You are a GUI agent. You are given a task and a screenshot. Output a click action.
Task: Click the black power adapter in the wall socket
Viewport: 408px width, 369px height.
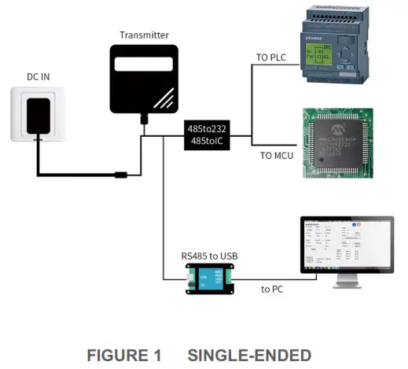pos(38,115)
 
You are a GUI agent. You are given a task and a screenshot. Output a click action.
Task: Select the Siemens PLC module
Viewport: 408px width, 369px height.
pos(337,48)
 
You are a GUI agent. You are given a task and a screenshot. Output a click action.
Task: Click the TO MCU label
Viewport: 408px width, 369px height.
pos(277,155)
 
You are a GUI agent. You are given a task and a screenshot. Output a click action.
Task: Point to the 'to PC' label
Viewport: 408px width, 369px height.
pos(273,289)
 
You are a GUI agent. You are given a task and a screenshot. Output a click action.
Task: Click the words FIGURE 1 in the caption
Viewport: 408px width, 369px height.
pos(123,355)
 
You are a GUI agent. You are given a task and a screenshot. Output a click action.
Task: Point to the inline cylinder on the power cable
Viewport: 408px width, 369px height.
pos(121,174)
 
